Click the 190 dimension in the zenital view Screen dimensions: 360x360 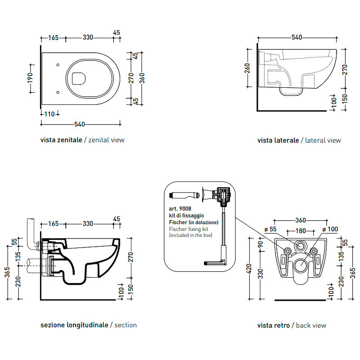pos(30,78)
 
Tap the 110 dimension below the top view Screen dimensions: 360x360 pos(49,114)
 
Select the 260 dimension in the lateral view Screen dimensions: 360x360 pos(247,68)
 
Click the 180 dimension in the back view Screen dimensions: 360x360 pos(301,230)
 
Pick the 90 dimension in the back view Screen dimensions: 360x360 pos(261,245)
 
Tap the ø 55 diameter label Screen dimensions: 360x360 pos(270,229)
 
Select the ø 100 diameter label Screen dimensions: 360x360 pos(330,229)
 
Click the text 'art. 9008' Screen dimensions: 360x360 pos(180,209)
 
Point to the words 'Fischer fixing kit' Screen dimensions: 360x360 pos(189,229)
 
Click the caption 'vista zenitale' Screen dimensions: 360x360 pos(61,140)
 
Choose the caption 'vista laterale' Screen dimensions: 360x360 pos(278,140)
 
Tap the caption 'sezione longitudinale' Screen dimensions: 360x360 pos(74,325)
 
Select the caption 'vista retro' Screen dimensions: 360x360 pos(274,325)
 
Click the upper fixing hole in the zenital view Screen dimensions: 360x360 pos(58,65)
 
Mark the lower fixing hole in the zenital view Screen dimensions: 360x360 pos(58,92)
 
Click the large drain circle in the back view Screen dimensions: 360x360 pos(301,265)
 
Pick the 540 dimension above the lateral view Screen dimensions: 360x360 pos(297,37)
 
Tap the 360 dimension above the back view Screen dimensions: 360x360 pos(301,220)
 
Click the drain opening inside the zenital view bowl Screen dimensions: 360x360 pos(79,78)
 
